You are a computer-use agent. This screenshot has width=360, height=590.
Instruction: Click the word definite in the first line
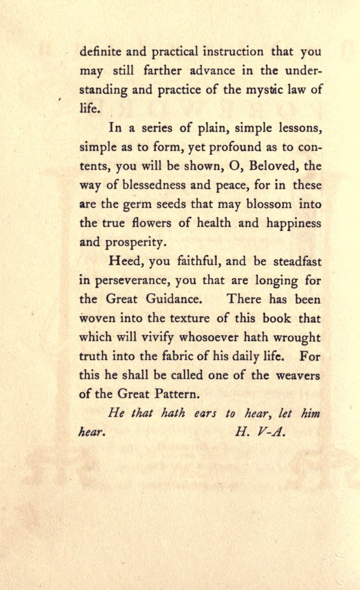pyautogui.click(x=100, y=52)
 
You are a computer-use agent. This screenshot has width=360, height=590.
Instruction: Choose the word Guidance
pyautogui.click(x=178, y=299)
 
